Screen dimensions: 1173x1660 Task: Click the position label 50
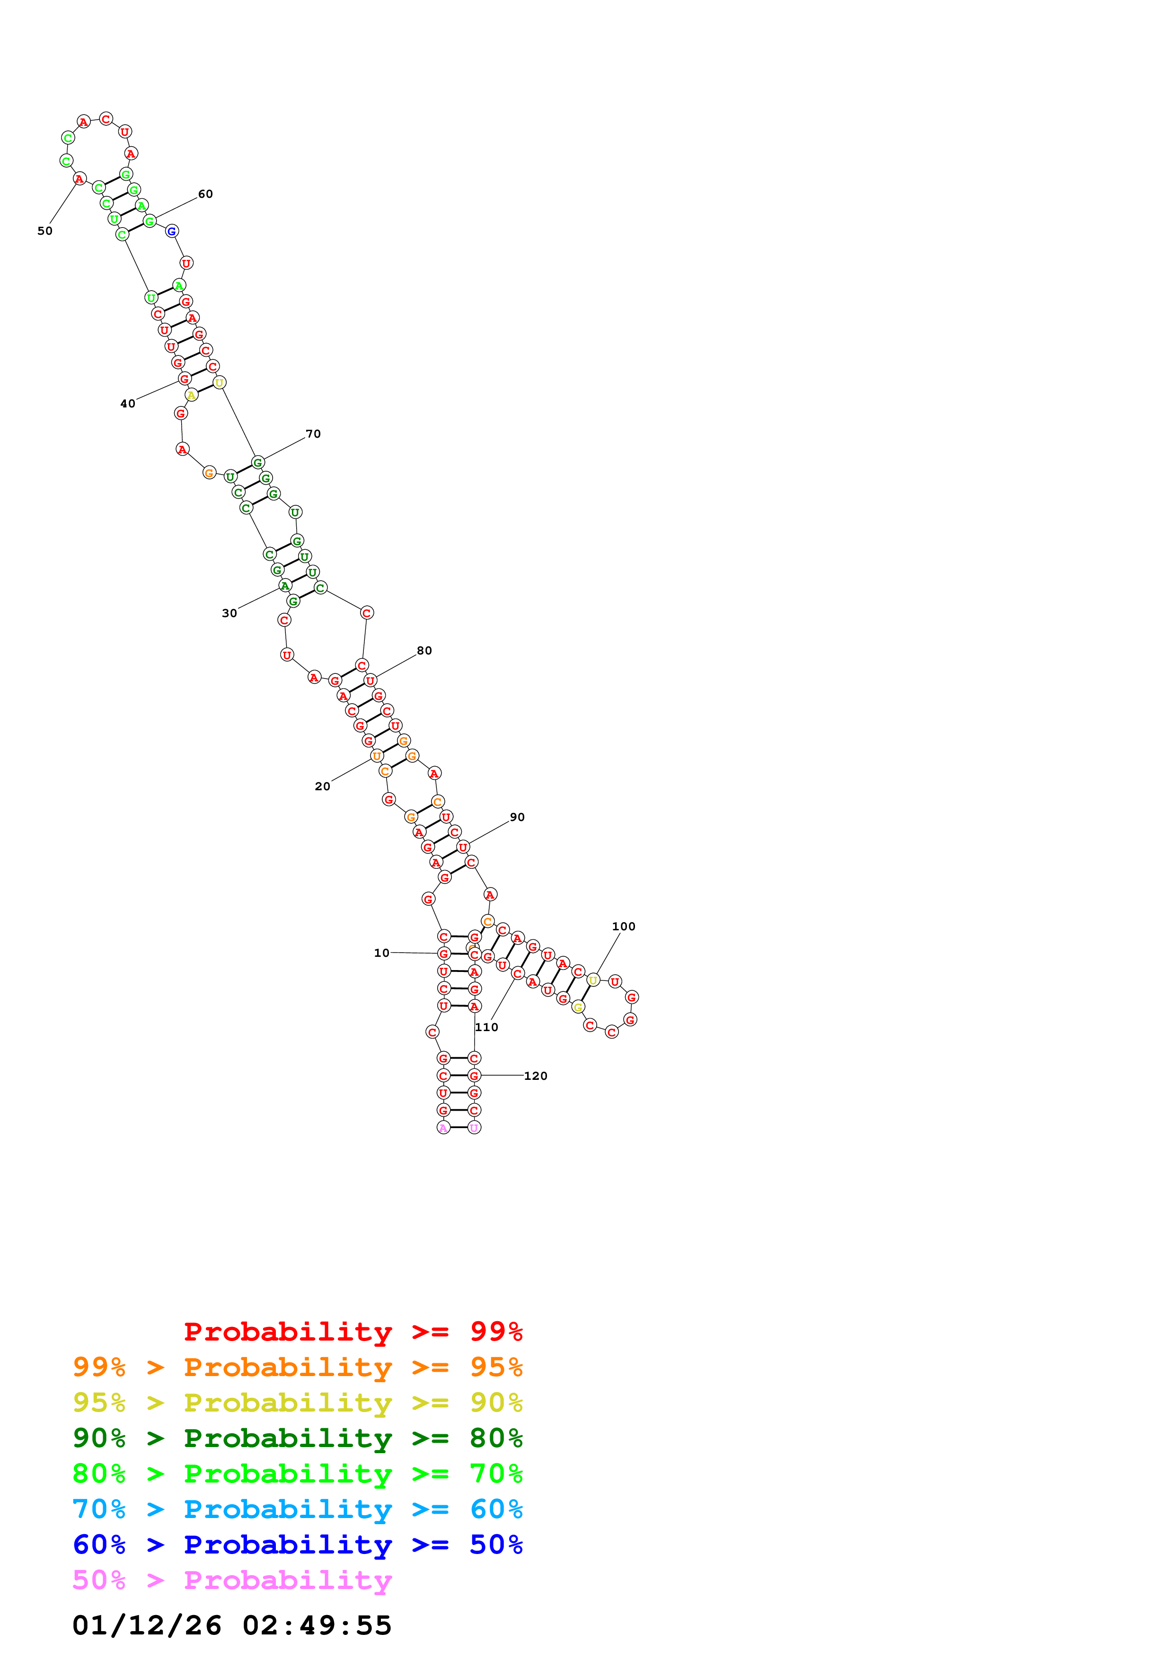click(x=45, y=231)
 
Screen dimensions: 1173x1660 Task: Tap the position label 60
click(x=205, y=194)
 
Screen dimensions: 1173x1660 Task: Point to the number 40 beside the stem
click(x=127, y=404)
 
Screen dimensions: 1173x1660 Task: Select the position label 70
click(x=313, y=434)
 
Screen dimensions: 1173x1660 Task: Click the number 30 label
click(x=229, y=613)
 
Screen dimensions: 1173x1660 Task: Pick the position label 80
click(x=424, y=651)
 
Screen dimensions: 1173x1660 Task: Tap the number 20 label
click(x=322, y=786)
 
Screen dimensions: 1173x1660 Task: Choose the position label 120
click(x=536, y=1076)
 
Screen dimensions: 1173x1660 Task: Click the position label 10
click(x=381, y=953)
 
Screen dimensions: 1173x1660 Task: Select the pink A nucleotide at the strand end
click(x=443, y=1127)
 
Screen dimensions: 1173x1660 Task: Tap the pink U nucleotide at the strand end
click(x=474, y=1127)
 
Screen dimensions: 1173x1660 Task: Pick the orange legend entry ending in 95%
click(x=297, y=1367)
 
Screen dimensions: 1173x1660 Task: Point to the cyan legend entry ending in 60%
click(x=297, y=1509)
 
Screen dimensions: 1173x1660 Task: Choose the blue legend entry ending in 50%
click(x=297, y=1545)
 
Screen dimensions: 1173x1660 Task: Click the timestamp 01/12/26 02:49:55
click(x=232, y=1625)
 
